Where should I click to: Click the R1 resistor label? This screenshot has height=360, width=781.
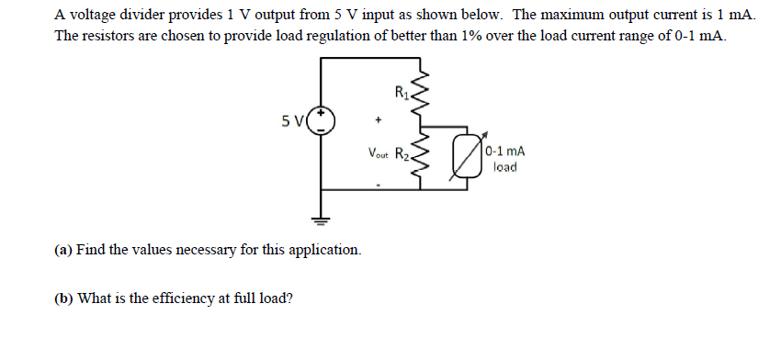click(401, 90)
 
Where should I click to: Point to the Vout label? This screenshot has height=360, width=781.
click(379, 154)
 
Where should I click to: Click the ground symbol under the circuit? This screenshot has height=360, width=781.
click(322, 220)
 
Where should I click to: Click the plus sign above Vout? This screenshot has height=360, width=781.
click(378, 119)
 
